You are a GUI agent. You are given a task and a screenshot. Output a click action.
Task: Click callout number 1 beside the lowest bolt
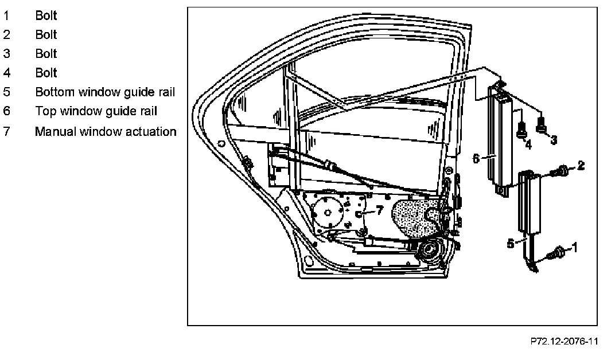coord(575,248)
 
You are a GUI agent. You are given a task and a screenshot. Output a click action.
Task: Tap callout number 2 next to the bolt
coord(581,166)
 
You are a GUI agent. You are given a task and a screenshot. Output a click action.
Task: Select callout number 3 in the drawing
coord(554,139)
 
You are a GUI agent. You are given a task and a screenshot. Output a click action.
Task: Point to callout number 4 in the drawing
coord(528,145)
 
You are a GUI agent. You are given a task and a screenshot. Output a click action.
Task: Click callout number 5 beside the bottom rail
coord(511,244)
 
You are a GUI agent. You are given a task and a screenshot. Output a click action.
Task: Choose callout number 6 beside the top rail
coord(476,158)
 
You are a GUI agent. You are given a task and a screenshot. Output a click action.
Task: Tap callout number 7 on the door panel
coord(379,210)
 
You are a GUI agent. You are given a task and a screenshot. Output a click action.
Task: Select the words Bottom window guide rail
coord(105,92)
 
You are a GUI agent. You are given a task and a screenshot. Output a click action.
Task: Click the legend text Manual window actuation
coord(106,131)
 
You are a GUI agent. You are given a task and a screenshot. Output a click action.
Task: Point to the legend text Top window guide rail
coord(96,111)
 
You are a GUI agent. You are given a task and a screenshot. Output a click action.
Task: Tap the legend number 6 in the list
coord(6,111)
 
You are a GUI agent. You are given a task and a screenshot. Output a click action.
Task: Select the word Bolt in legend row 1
coord(46,15)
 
